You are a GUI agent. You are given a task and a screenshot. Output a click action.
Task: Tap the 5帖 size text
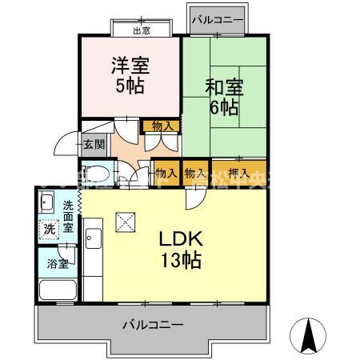pos(130,86)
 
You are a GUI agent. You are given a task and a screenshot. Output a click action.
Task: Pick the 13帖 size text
pos(179,259)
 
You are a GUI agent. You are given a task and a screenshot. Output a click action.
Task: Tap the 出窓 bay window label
pos(141,31)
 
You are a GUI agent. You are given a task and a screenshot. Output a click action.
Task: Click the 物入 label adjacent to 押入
pos(194,172)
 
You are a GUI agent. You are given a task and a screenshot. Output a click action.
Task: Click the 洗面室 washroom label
pos(70,216)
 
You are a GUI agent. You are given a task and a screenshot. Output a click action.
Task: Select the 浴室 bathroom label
pos(57,262)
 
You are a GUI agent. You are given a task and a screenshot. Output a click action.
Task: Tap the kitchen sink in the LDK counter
pos(93,239)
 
